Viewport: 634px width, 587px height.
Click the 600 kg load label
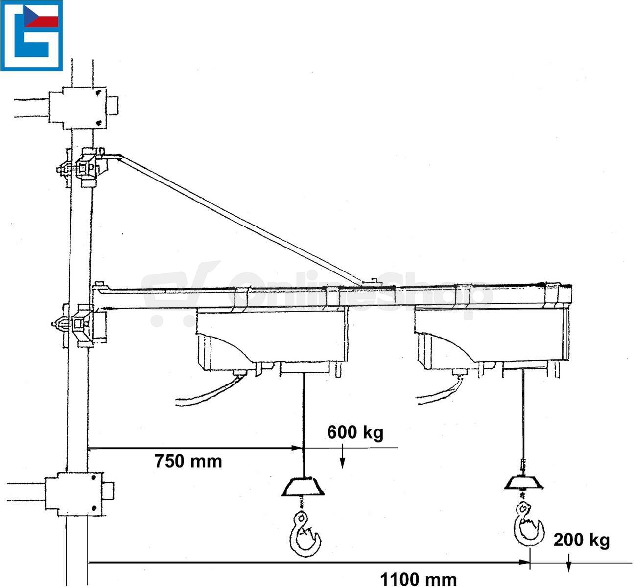355,433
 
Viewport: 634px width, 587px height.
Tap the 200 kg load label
581,540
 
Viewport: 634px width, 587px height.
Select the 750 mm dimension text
188,461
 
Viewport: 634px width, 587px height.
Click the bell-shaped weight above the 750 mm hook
303,486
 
